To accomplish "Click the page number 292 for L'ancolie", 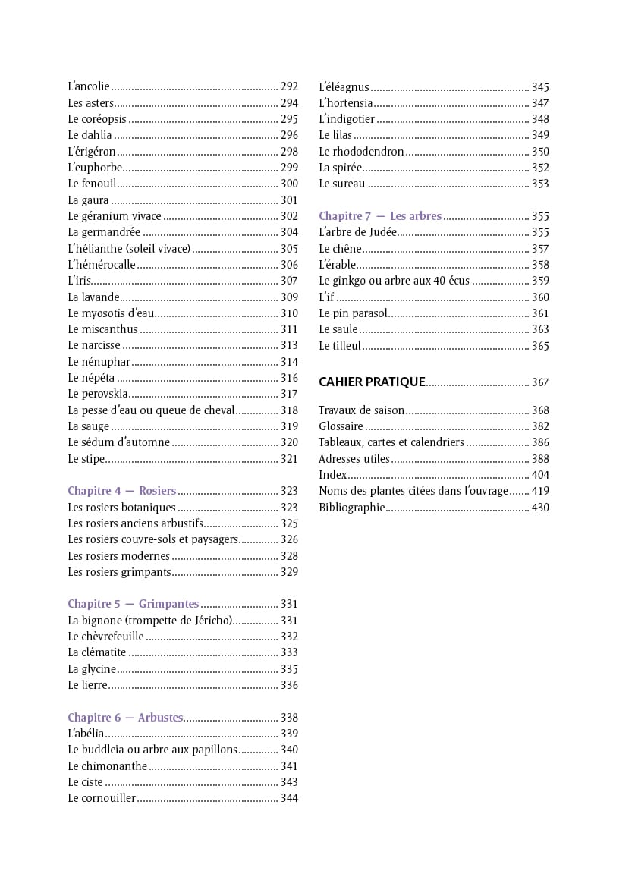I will [x=289, y=87].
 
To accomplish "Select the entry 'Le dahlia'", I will [x=90, y=135].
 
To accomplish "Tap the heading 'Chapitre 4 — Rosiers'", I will [x=121, y=491].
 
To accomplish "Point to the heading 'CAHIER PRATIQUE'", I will [x=371, y=382].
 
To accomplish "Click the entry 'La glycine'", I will [x=92, y=669].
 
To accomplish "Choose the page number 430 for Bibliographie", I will [x=540, y=508].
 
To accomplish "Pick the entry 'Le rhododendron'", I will [x=361, y=152].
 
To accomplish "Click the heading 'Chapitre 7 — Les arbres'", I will [x=380, y=216].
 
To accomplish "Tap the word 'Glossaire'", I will [x=341, y=427].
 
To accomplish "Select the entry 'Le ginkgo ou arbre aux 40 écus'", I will [x=394, y=281].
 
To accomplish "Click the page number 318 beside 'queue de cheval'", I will [x=289, y=410].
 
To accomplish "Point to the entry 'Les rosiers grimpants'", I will [x=119, y=572].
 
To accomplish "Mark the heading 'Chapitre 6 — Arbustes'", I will [x=125, y=718].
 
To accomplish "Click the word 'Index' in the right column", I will [x=332, y=476].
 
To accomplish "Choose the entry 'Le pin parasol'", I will [x=353, y=313].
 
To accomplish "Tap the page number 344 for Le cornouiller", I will [x=289, y=799].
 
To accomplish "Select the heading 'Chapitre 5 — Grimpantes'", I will [x=133, y=605].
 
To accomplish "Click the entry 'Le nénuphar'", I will [x=99, y=362].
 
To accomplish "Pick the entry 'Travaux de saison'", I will [x=361, y=410].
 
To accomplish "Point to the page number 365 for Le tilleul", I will [x=540, y=347].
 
